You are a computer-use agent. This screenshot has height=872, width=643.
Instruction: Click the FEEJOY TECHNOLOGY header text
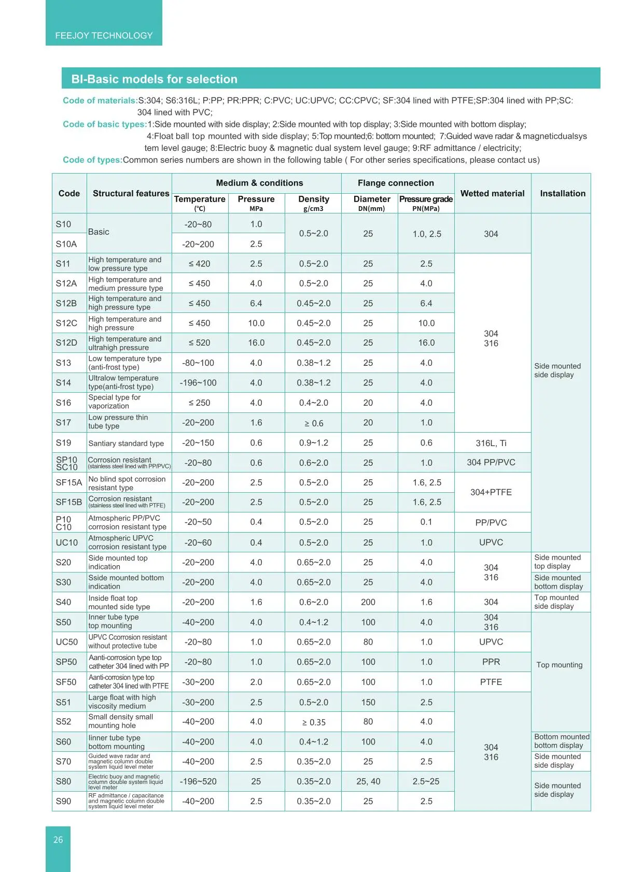104,36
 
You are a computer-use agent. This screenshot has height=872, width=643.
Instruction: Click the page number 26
58,840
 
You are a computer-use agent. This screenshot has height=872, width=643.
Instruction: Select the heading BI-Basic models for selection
154,79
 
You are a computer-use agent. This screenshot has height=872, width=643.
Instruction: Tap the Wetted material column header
492,193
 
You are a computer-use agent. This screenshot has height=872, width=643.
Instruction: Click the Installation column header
562,193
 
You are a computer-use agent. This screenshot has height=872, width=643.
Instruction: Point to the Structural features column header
131,193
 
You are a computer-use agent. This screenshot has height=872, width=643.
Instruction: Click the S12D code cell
66,342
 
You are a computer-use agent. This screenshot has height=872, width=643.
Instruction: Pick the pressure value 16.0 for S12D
256,342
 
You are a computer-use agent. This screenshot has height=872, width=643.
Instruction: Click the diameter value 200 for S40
368,602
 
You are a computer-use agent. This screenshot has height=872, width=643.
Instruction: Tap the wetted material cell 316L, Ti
491,443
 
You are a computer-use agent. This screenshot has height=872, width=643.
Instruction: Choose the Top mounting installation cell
560,665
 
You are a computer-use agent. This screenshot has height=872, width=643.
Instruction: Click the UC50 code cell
67,642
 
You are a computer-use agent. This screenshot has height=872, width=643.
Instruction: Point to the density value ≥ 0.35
314,722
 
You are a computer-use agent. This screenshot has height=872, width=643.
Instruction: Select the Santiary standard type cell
126,444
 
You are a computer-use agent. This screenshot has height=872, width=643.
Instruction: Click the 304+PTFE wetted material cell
491,492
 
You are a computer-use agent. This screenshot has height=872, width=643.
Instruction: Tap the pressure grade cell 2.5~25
426,781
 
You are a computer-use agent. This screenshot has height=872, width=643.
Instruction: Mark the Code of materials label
100,101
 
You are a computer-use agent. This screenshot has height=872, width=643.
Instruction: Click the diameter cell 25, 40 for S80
368,781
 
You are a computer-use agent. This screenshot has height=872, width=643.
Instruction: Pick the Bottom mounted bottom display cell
562,741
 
